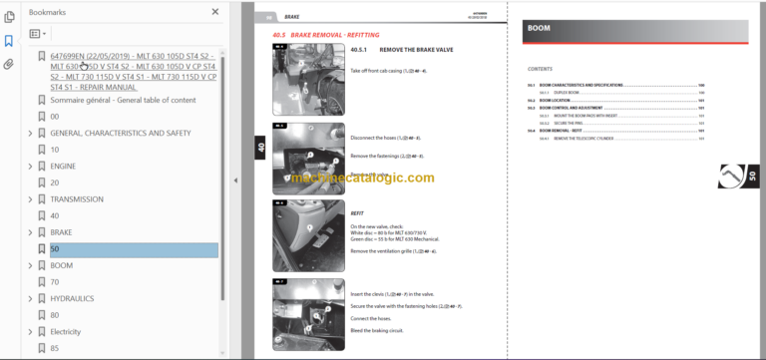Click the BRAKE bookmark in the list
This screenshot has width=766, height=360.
(x=62, y=232)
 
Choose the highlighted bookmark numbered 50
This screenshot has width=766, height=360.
(x=55, y=249)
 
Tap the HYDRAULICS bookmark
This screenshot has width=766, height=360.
(x=74, y=297)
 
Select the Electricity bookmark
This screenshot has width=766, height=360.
(x=66, y=331)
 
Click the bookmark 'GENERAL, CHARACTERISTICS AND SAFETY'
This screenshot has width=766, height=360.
(x=120, y=133)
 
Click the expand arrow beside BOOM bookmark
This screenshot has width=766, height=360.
(x=30, y=266)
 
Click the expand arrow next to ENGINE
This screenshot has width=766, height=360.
(x=30, y=166)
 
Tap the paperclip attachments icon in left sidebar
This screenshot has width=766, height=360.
(x=9, y=64)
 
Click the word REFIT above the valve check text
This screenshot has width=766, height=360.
(x=357, y=212)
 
